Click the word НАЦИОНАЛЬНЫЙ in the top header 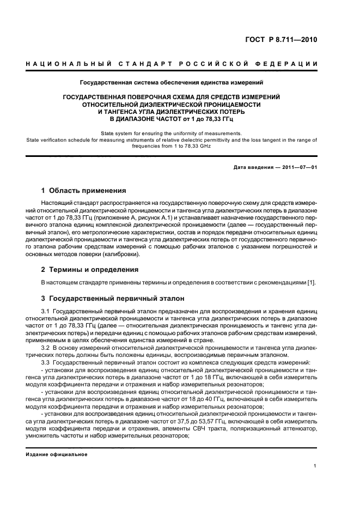click(64, 65)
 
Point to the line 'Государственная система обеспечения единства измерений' click(172, 83)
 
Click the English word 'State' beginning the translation click(108, 133)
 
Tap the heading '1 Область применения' click(84, 191)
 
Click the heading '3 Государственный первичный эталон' click(113, 299)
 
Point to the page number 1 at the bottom click(315, 466)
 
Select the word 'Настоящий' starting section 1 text click(56, 203)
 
